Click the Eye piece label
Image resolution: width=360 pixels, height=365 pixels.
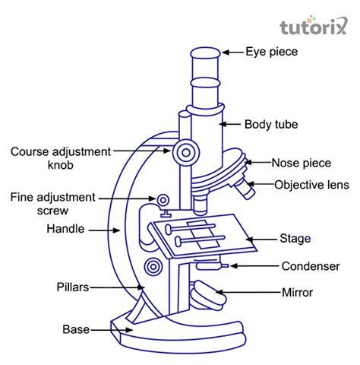(271, 52)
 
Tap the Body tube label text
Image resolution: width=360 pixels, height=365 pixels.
(270, 123)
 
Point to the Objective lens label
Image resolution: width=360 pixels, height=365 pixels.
(311, 184)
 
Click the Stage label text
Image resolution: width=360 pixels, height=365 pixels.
(295, 239)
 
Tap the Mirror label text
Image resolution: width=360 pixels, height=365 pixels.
(297, 292)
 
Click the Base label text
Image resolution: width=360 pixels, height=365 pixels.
(75, 329)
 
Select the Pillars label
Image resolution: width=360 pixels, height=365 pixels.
(73, 287)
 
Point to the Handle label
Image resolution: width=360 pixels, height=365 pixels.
(66, 228)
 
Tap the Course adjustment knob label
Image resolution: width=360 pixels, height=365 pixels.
(60, 157)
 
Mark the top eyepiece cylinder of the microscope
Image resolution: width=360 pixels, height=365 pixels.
(206, 62)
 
